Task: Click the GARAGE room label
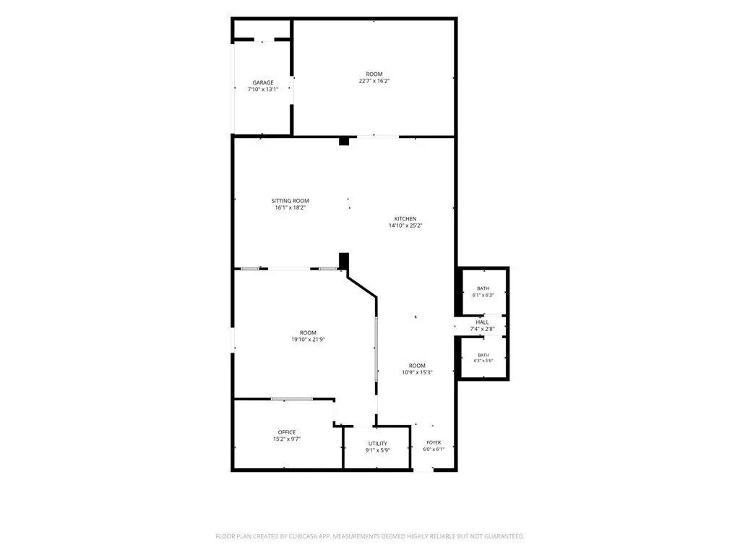click(x=263, y=82)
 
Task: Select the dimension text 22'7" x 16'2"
click(x=374, y=81)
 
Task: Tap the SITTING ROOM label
click(x=291, y=201)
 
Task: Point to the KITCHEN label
click(x=405, y=219)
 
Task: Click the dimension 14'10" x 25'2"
click(x=405, y=225)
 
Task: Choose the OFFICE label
click(x=287, y=432)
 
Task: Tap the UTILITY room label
click(x=377, y=444)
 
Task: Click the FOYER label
click(x=434, y=443)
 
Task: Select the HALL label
click(x=482, y=322)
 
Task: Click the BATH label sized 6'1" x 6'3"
click(x=483, y=288)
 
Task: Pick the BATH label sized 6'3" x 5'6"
click(x=483, y=356)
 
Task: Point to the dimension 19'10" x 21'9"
click(x=308, y=340)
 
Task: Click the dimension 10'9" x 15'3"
click(x=417, y=372)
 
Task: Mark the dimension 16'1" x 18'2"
click(x=291, y=207)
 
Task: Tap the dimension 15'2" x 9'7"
click(x=287, y=439)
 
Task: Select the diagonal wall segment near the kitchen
click(x=362, y=287)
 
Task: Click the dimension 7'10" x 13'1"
click(x=263, y=89)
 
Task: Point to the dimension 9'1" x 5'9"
click(x=377, y=450)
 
